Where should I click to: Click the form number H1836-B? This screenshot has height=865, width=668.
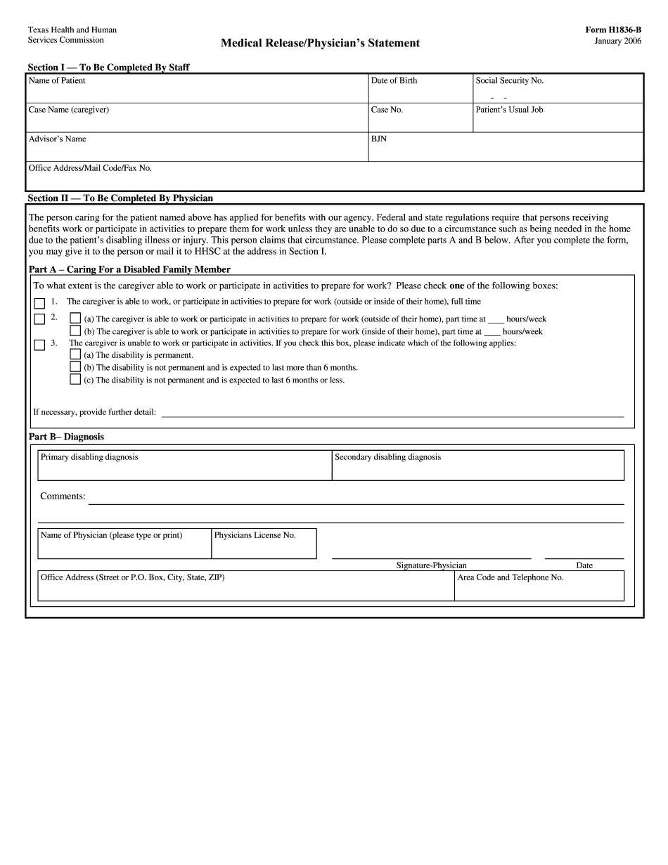[x=613, y=30]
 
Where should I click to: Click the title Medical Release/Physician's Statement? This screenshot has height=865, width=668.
[x=320, y=44]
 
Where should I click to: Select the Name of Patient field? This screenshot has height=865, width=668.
[x=197, y=94]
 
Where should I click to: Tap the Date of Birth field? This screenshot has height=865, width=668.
[x=420, y=94]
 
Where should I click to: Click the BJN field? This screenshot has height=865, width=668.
[x=505, y=151]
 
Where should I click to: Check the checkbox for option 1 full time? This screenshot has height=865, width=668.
[x=39, y=304]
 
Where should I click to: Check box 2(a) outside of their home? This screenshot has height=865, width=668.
[x=75, y=319]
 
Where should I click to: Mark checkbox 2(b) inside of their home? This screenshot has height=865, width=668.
[x=75, y=331]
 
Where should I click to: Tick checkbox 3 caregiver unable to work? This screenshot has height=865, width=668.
[x=39, y=345]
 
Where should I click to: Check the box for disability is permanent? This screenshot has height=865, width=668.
[x=75, y=354]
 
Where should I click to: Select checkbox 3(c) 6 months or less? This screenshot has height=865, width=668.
[x=75, y=379]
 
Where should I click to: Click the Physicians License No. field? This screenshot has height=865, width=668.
[x=264, y=548]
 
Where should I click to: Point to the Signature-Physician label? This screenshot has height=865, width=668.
[x=431, y=565]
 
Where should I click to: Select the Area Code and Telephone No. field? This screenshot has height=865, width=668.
[x=539, y=590]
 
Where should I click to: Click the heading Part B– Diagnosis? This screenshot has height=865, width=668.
[x=66, y=437]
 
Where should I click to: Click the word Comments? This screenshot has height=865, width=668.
[x=63, y=496]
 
